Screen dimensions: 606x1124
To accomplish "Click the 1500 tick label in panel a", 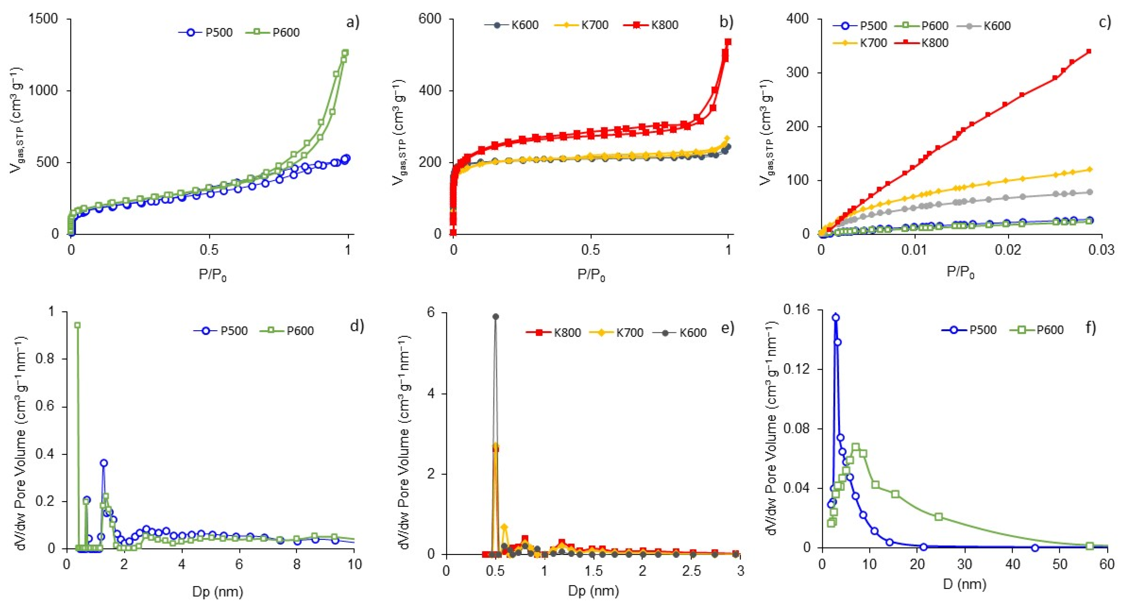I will pos(43,19).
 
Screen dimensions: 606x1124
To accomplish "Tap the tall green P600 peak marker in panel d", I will pos(78,325).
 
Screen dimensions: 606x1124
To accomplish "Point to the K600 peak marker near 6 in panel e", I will pos(496,317).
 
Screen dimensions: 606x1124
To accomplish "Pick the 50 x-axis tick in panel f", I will pos(1060,564).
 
